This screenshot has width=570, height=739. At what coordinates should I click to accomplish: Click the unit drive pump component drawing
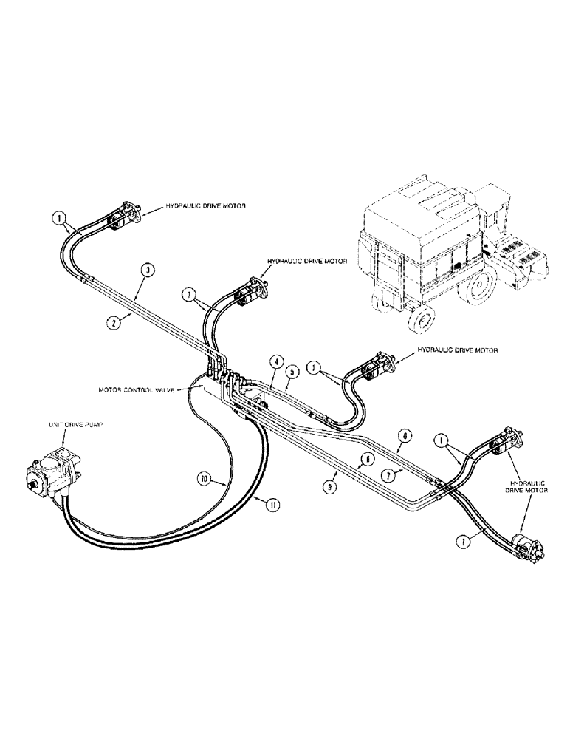point(53,470)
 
